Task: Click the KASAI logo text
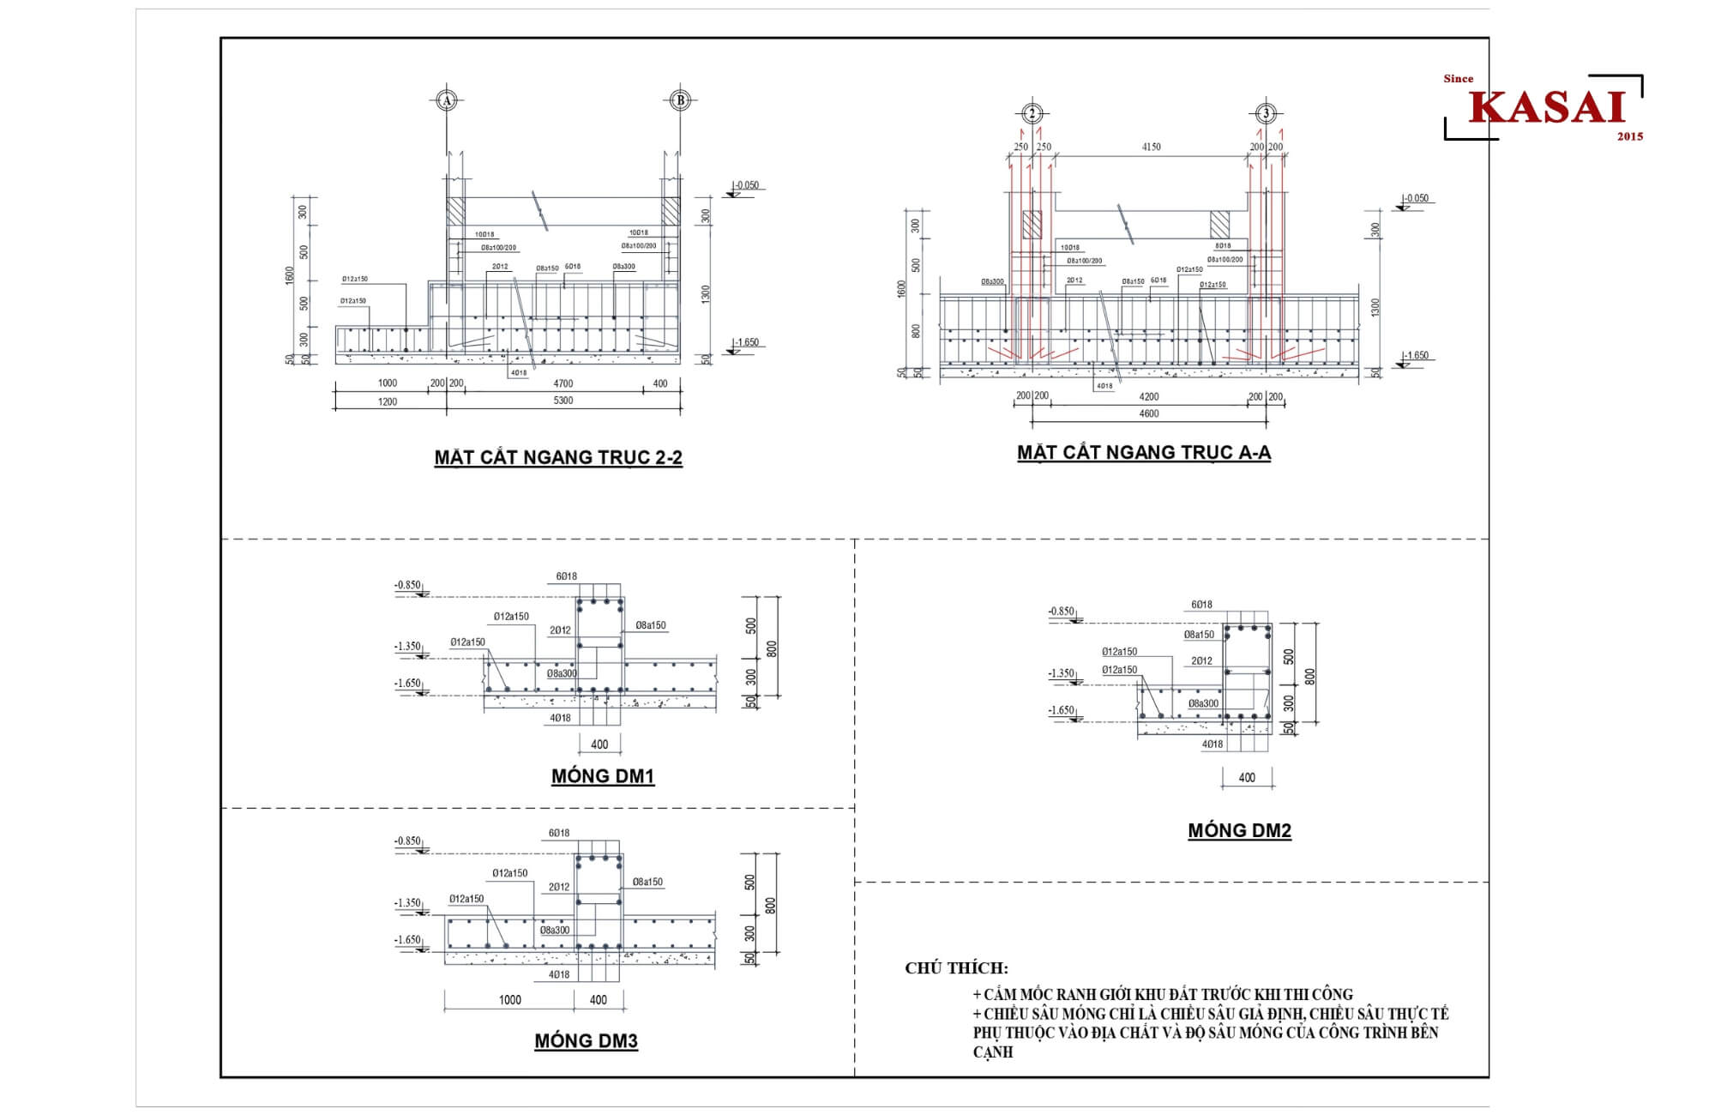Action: pos(1548,107)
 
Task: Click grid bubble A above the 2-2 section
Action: pos(446,100)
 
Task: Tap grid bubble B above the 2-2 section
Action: pos(680,100)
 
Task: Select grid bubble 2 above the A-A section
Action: pos(1032,113)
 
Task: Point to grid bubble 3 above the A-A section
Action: pos(1266,113)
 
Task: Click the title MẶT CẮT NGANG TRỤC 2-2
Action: pos(558,457)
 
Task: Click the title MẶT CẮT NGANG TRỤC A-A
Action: pos(1144,452)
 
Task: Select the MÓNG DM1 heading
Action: pos(603,776)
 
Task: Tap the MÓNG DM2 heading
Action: pos(1239,830)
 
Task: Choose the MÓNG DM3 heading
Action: pos(587,1041)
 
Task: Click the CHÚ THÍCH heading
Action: pos(956,968)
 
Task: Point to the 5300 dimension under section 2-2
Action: pos(563,401)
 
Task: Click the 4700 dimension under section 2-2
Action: pos(563,383)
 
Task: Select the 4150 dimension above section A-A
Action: pos(1151,147)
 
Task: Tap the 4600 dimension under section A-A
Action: pos(1148,413)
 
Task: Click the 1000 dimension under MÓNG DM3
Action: pos(509,999)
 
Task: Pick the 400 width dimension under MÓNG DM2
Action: pos(1247,777)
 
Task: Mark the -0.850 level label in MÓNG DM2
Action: pos(1061,612)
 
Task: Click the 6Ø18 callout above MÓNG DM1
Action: pos(566,576)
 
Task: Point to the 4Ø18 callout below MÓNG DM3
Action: pos(559,974)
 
